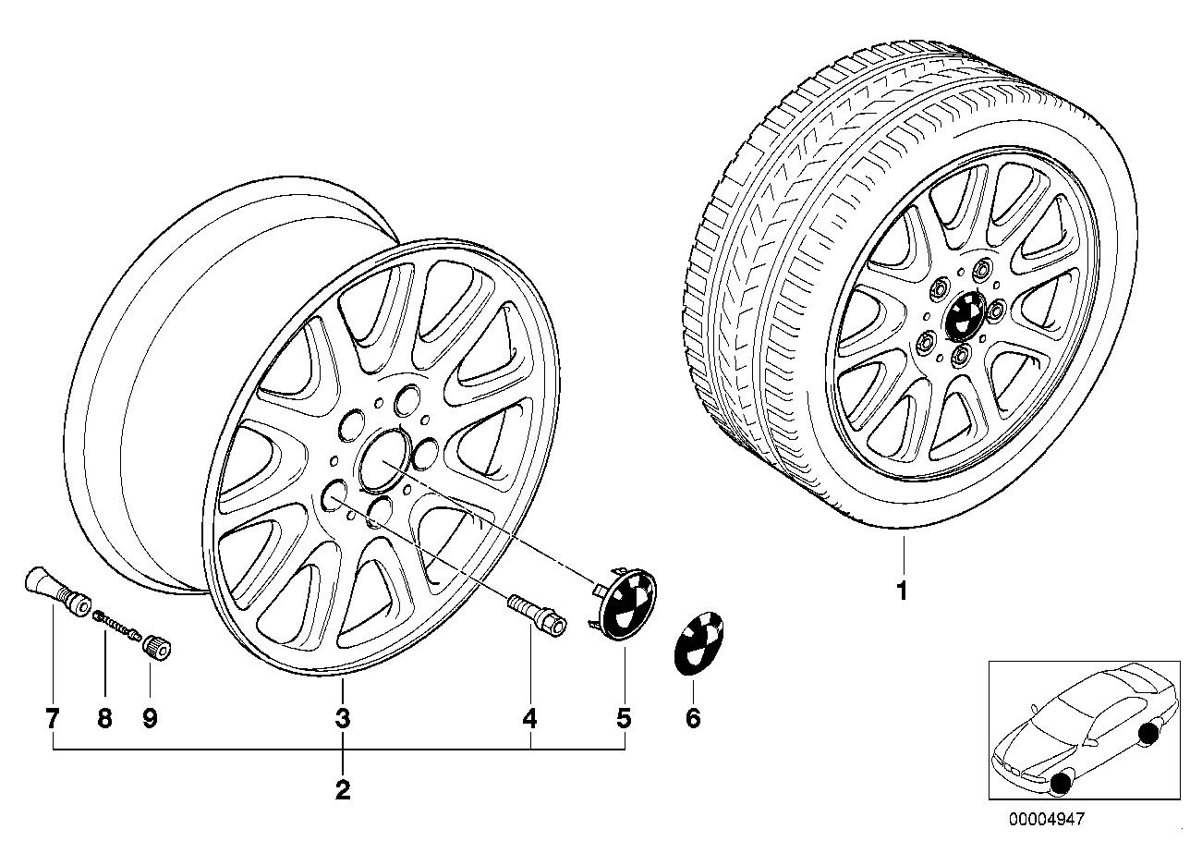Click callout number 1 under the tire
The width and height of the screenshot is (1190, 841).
click(901, 591)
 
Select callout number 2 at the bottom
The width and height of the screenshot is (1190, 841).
click(343, 790)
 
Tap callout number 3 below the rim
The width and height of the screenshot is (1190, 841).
click(343, 719)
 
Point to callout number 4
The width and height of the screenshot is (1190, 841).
click(530, 719)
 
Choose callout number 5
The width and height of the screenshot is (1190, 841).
click(624, 719)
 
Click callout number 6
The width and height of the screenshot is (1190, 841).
click(693, 719)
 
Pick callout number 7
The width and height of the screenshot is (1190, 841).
click(52, 719)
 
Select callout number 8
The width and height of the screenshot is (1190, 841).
click(104, 719)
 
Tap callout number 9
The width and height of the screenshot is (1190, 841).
click(151, 719)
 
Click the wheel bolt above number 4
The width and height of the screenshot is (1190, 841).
click(538, 616)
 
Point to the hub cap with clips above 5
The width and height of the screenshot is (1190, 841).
click(624, 603)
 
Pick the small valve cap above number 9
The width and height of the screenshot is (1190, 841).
click(156, 647)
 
